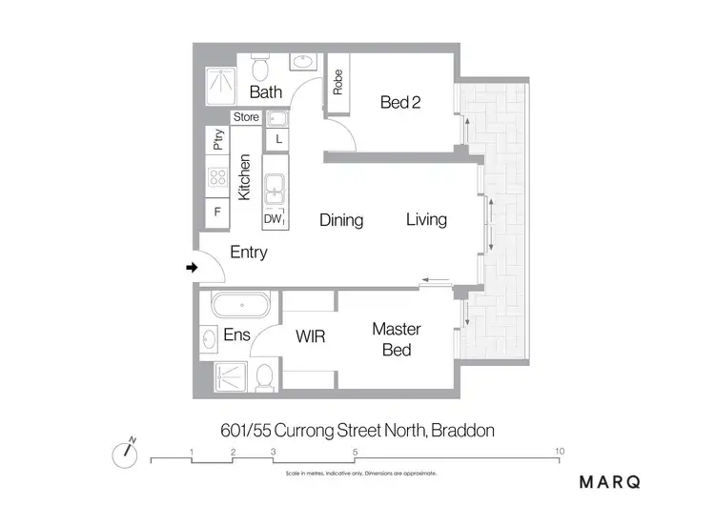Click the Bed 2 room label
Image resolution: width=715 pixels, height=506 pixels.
[x=400, y=103]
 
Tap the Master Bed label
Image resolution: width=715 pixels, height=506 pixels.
[x=397, y=339]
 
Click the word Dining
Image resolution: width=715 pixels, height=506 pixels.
[x=341, y=220]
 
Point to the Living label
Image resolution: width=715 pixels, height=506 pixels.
[x=426, y=219]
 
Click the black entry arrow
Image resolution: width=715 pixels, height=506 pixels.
[x=192, y=269]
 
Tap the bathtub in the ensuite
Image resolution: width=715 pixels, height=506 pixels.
[x=241, y=307]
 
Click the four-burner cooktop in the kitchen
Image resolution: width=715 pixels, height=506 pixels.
[x=217, y=177]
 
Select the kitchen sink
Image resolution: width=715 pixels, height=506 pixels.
[x=276, y=188]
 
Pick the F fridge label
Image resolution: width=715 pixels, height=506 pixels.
[x=217, y=212]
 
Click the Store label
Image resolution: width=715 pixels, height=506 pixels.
[x=246, y=117]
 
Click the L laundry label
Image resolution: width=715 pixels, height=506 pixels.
[x=277, y=139]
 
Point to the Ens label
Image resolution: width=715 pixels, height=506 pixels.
[x=236, y=335]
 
